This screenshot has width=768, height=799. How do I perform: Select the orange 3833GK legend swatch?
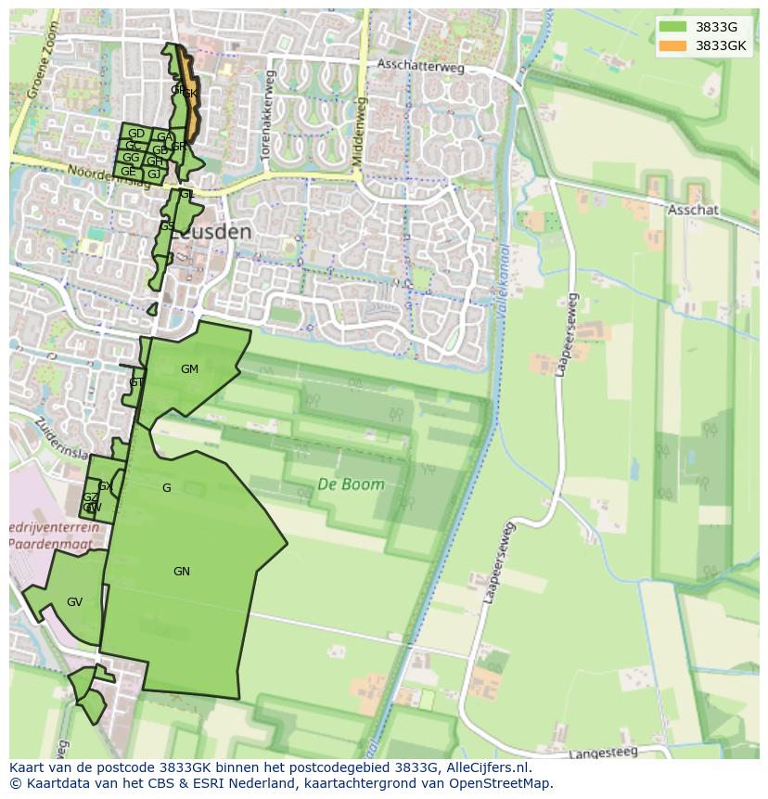tap(673, 45)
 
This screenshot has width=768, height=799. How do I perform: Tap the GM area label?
tap(189, 369)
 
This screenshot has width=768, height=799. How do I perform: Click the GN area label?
tap(182, 572)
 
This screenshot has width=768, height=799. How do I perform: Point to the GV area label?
tap(74, 602)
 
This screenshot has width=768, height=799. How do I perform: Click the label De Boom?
tap(351, 483)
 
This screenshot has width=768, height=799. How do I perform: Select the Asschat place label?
tap(693, 211)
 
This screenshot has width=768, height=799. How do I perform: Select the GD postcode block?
tap(135, 134)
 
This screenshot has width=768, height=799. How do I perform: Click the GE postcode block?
tap(128, 172)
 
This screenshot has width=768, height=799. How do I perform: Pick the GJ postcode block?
tap(153, 174)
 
